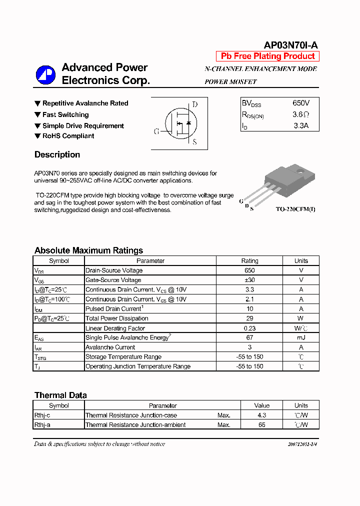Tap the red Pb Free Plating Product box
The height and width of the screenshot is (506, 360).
tap(267, 56)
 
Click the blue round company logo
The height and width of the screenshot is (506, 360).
tap(45, 74)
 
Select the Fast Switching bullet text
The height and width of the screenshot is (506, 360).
tap(65, 114)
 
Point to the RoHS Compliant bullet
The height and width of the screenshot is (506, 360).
tap(68, 136)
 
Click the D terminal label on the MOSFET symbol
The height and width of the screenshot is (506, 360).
tap(195, 104)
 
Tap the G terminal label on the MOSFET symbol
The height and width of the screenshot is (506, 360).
tap(156, 131)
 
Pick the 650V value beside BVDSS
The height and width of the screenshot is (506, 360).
tap(301, 103)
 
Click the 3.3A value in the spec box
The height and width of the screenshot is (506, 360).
tap(301, 126)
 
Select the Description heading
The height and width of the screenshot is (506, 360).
tap(57, 154)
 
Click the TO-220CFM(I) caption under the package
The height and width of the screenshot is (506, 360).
tap(295, 209)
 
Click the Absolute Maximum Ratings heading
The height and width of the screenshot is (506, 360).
tap(88, 250)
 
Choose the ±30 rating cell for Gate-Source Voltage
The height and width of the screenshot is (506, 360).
tap(249, 280)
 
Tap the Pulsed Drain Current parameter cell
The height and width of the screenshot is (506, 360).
tap(114, 309)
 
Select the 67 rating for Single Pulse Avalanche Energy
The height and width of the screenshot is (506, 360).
tap(249, 337)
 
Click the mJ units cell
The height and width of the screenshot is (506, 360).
tap(301, 337)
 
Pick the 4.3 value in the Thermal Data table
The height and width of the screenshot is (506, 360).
tap(261, 415)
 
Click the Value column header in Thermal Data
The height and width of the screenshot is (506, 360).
tap(261, 405)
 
